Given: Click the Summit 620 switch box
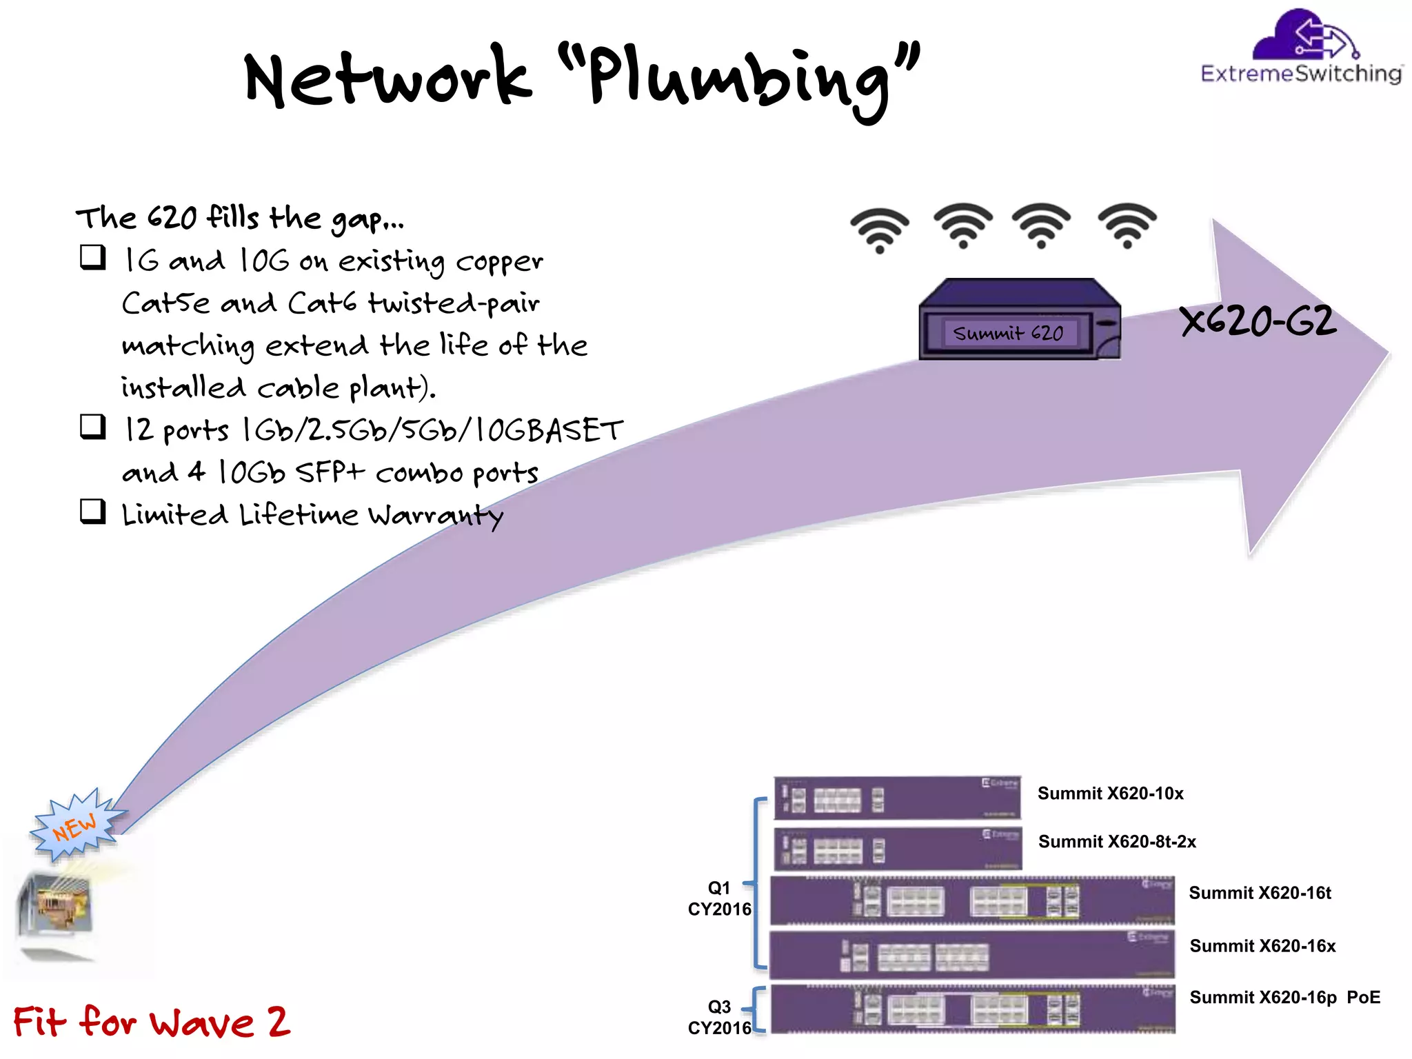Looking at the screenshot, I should coord(1019,320).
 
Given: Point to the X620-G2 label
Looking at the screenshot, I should coord(1258,321).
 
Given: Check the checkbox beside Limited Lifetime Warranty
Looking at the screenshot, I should coord(93,512).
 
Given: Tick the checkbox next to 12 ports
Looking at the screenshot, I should coord(93,427).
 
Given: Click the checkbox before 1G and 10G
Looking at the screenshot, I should coord(93,257).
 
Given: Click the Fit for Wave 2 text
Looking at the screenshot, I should coord(152,1021).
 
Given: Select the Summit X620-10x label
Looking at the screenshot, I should coord(1110,794).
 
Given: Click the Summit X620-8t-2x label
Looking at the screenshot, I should coord(1117,842).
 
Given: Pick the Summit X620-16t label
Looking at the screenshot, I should coord(1260,893).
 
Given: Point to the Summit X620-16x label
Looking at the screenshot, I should coord(1262,946).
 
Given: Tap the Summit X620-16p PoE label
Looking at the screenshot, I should coord(1284,998).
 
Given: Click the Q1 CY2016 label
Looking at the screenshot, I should coord(719,898).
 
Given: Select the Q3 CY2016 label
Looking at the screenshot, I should coord(719,1017).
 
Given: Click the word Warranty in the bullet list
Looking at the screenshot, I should coord(436,515).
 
